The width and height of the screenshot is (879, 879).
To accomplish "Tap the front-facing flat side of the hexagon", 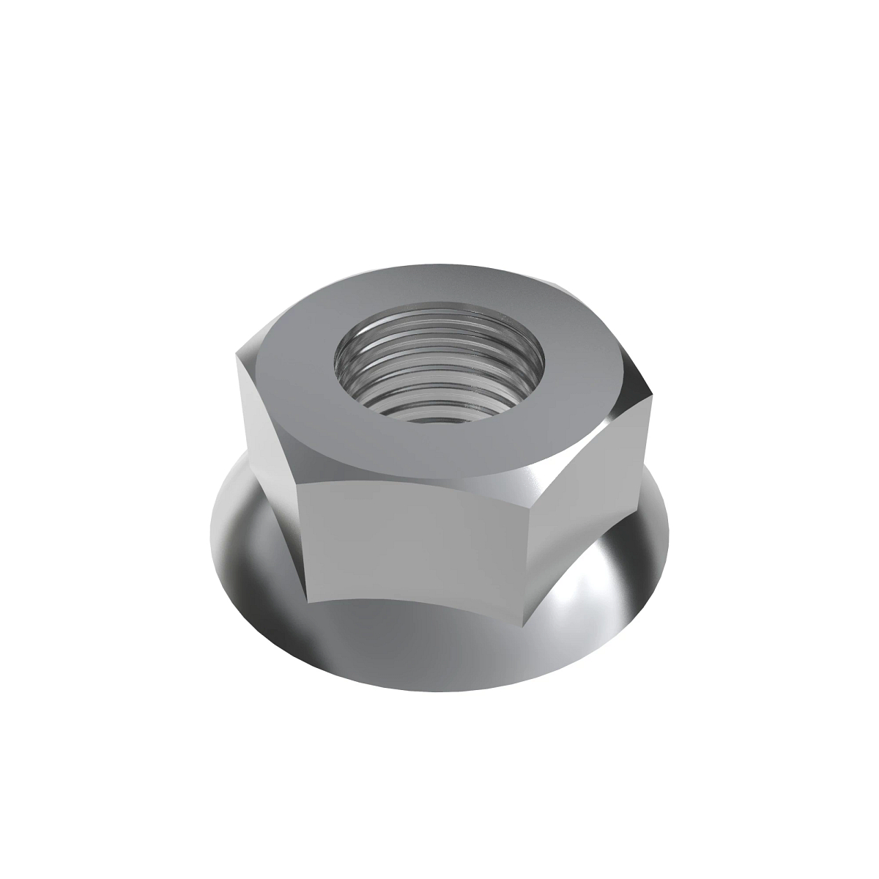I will (x=418, y=542).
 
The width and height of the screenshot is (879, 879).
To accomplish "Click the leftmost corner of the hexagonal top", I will (x=237, y=357).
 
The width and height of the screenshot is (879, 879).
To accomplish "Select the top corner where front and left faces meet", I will (x=297, y=482).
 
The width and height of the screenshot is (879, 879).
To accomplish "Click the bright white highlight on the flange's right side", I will (x=586, y=586).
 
